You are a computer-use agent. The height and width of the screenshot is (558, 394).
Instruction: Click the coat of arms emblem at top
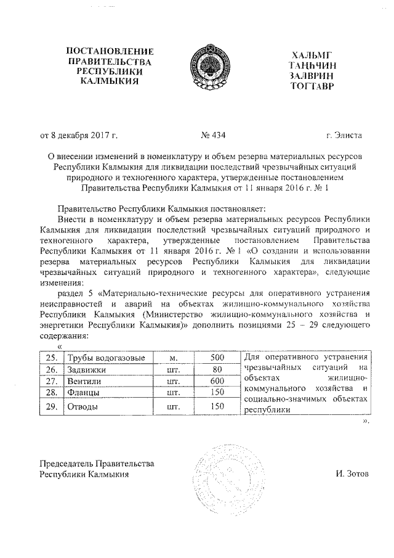[x=206, y=67]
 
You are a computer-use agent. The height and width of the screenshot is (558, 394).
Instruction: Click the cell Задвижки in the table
[x=87, y=370]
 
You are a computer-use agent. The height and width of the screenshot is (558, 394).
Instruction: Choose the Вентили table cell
[x=86, y=381]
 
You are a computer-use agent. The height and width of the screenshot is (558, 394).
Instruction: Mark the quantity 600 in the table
[x=217, y=381]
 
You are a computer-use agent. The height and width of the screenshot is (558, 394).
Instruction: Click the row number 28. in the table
[x=52, y=392]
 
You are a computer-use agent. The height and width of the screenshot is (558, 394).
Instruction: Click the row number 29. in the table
[x=52, y=406]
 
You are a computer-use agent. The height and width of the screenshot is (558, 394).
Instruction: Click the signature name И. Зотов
[x=350, y=474]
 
